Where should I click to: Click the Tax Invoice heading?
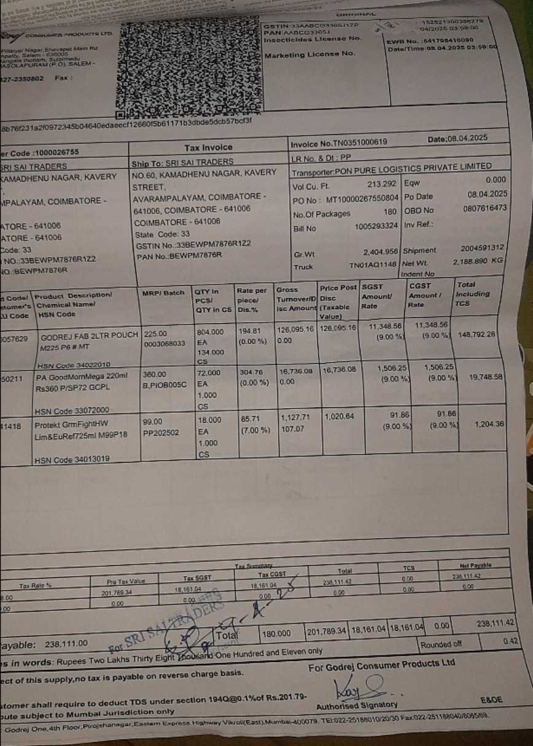(x=209, y=148)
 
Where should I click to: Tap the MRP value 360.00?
(x=154, y=374)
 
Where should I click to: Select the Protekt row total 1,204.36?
(x=489, y=425)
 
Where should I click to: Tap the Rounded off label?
(x=441, y=644)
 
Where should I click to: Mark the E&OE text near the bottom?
(x=491, y=700)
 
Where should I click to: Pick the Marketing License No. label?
(x=309, y=55)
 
